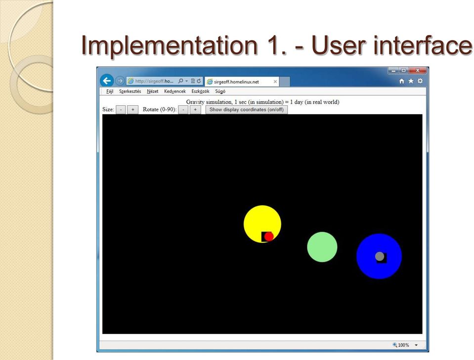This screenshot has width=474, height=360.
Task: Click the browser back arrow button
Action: [x=107, y=80]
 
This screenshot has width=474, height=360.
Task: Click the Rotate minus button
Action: [x=183, y=110]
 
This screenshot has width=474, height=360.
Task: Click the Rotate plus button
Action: [x=195, y=110]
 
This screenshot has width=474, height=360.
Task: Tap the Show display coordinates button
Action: [x=246, y=110]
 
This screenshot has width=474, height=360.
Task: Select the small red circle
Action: [x=269, y=237]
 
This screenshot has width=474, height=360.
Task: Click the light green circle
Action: [x=322, y=247]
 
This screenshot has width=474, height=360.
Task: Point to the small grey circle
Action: [x=380, y=256]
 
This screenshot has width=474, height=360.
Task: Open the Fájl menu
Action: [x=110, y=91]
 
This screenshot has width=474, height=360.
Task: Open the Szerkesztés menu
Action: [x=130, y=91]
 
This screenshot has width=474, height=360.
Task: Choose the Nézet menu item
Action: [x=152, y=91]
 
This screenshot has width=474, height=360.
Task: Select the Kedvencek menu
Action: [x=175, y=91]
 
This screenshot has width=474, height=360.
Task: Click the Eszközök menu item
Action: [x=200, y=91]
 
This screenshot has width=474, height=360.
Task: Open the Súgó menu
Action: [x=220, y=91]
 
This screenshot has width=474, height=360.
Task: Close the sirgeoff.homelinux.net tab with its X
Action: [x=275, y=81]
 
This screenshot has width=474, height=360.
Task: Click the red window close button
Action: [x=418, y=70]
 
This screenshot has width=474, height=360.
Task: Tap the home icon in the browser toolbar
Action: [x=401, y=81]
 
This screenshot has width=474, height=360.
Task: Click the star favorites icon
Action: [x=411, y=81]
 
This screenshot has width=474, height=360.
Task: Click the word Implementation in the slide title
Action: [x=169, y=45]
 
